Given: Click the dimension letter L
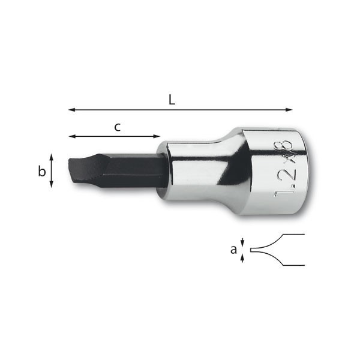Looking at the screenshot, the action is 172,100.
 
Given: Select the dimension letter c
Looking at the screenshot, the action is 118,127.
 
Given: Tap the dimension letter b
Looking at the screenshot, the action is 42,171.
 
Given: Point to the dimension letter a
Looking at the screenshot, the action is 233,250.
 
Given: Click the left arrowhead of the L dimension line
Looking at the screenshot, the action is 71,110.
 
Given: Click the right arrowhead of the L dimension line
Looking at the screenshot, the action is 289,110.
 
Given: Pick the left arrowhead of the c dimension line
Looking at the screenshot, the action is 72,136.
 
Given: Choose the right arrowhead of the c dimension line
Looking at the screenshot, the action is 157,136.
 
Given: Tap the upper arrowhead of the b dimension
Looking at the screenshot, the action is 52,157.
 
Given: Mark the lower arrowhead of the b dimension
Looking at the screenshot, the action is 52,184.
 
